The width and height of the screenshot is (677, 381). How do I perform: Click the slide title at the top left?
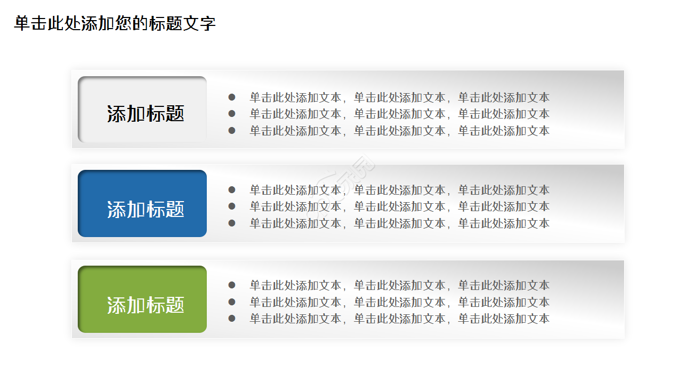[115, 24]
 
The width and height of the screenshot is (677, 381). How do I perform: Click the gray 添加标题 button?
[142, 110]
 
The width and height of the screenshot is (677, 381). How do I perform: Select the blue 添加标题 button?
[142, 204]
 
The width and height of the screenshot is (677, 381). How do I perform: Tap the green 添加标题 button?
[142, 300]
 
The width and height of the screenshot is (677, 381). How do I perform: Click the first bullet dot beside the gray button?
[232, 97]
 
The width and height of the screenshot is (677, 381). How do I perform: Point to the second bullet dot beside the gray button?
[232, 114]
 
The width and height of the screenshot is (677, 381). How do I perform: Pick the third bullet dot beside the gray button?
[232, 130]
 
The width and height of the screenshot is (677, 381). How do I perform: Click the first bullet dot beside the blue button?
[232, 189]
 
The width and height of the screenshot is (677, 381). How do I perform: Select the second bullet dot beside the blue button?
[232, 206]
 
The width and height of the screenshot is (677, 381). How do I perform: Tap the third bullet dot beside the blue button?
[232, 223]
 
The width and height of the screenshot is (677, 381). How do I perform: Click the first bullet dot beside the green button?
[232, 285]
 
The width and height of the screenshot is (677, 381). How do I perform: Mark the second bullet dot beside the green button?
[232, 302]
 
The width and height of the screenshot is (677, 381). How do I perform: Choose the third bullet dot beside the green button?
[232, 318]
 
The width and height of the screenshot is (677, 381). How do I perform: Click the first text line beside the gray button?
[399, 97]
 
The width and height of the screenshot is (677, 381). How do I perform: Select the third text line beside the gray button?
[399, 130]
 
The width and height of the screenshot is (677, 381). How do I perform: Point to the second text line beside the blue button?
[399, 206]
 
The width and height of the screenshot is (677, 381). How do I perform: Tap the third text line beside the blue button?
[399, 223]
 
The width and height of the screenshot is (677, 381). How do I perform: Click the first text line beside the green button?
[399, 285]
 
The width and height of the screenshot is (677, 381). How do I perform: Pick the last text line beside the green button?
[399, 318]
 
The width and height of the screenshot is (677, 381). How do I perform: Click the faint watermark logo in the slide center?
[346, 175]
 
